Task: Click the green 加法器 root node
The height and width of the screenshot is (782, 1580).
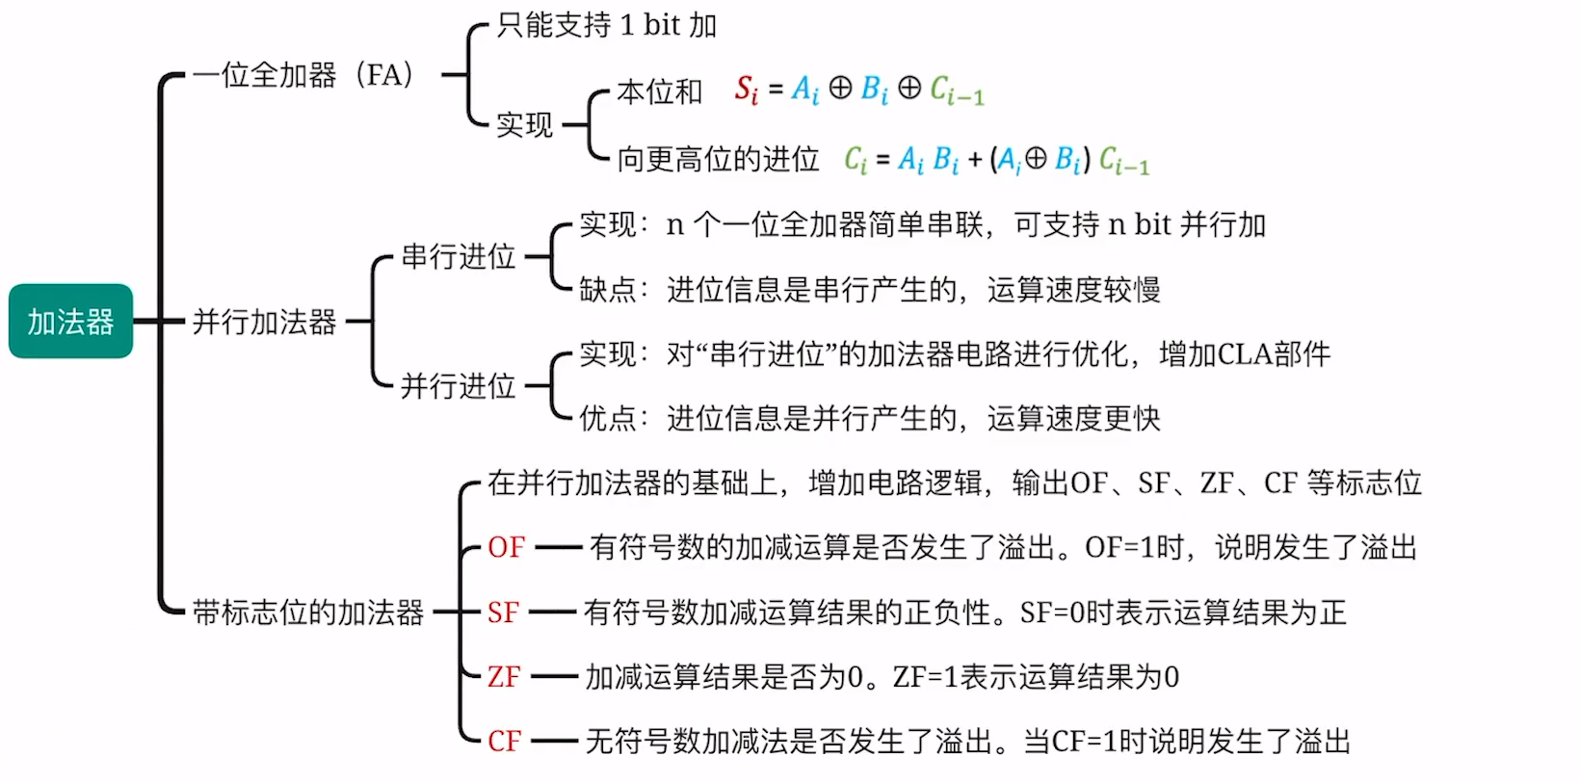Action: pyautogui.click(x=70, y=321)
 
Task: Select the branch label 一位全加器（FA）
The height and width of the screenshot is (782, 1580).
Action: pyautogui.click(x=303, y=75)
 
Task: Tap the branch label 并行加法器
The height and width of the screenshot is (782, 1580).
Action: pyautogui.click(x=264, y=322)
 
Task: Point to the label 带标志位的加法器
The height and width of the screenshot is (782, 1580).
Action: pyautogui.click(x=307, y=613)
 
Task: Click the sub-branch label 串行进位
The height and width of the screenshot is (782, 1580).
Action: pyautogui.click(x=458, y=257)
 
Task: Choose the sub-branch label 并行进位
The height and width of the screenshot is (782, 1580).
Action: pyautogui.click(x=458, y=386)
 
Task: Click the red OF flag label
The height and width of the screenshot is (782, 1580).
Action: pyautogui.click(x=506, y=548)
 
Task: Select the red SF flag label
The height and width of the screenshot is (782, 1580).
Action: pyautogui.click(x=503, y=613)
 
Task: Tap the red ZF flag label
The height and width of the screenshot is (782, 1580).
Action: pyautogui.click(x=503, y=677)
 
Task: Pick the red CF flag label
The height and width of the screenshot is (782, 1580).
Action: pyautogui.click(x=504, y=742)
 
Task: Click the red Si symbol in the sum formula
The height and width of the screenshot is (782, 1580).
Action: pyautogui.click(x=746, y=91)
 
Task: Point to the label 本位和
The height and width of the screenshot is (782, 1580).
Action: pyautogui.click(x=659, y=91)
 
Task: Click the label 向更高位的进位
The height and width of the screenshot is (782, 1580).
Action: pyautogui.click(x=718, y=159)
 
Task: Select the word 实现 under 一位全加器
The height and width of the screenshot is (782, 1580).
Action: pyautogui.click(x=524, y=125)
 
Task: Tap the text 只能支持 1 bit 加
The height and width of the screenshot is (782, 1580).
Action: pyautogui.click(x=606, y=25)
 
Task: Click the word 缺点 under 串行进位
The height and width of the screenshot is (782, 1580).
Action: pyautogui.click(x=607, y=290)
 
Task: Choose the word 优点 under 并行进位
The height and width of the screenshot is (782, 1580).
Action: pyautogui.click(x=607, y=419)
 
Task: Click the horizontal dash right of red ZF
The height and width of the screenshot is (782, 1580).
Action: pyautogui.click(x=554, y=677)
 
